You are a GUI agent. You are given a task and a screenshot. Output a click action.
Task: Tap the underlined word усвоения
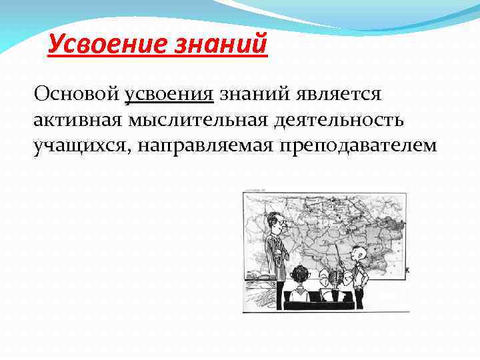point(169,95)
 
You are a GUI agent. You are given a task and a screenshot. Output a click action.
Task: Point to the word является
point(333,95)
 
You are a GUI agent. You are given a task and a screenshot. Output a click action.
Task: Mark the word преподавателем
point(353,147)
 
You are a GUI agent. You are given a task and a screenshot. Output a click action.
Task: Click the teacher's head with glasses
point(272,221)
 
